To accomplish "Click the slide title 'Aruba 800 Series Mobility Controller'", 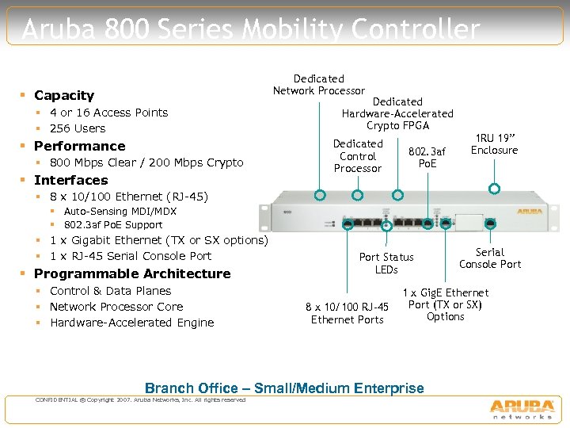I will pos(251,30).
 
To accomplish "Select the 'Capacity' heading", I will pos(64,95).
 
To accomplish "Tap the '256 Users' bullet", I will pos(78,128).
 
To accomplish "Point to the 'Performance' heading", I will pos(79,146).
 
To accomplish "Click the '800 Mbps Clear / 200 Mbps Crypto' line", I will pos(146,162).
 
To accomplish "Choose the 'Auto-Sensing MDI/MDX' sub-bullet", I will pos(120,212).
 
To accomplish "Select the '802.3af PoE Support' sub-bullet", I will pos(112,225).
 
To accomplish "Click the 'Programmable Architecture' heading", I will pos(132,273).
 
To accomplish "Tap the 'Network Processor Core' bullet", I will pos(116,307).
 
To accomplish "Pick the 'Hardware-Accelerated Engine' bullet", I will pos(131,323).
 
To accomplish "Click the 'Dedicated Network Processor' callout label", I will pos(319,85).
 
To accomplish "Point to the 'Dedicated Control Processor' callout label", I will pos(358,156).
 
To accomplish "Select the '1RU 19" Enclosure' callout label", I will pos(494,144).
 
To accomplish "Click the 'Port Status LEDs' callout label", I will pos(386,263).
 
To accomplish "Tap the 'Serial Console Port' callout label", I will pos(490,258).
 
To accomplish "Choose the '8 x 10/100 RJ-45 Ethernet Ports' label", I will pos(348,313).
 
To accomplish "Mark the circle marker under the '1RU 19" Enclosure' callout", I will pos(494,189).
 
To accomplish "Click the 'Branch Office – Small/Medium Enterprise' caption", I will pos(284,388).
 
